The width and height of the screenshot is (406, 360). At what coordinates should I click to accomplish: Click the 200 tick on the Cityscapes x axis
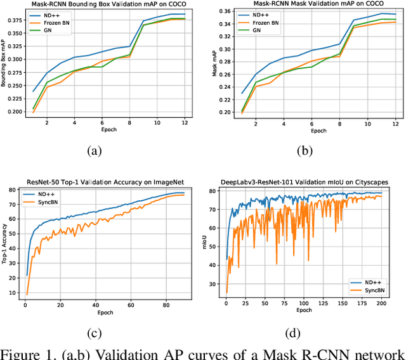click(x=379, y=305)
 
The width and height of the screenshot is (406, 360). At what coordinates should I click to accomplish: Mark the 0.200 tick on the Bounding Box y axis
click(x=14, y=112)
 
